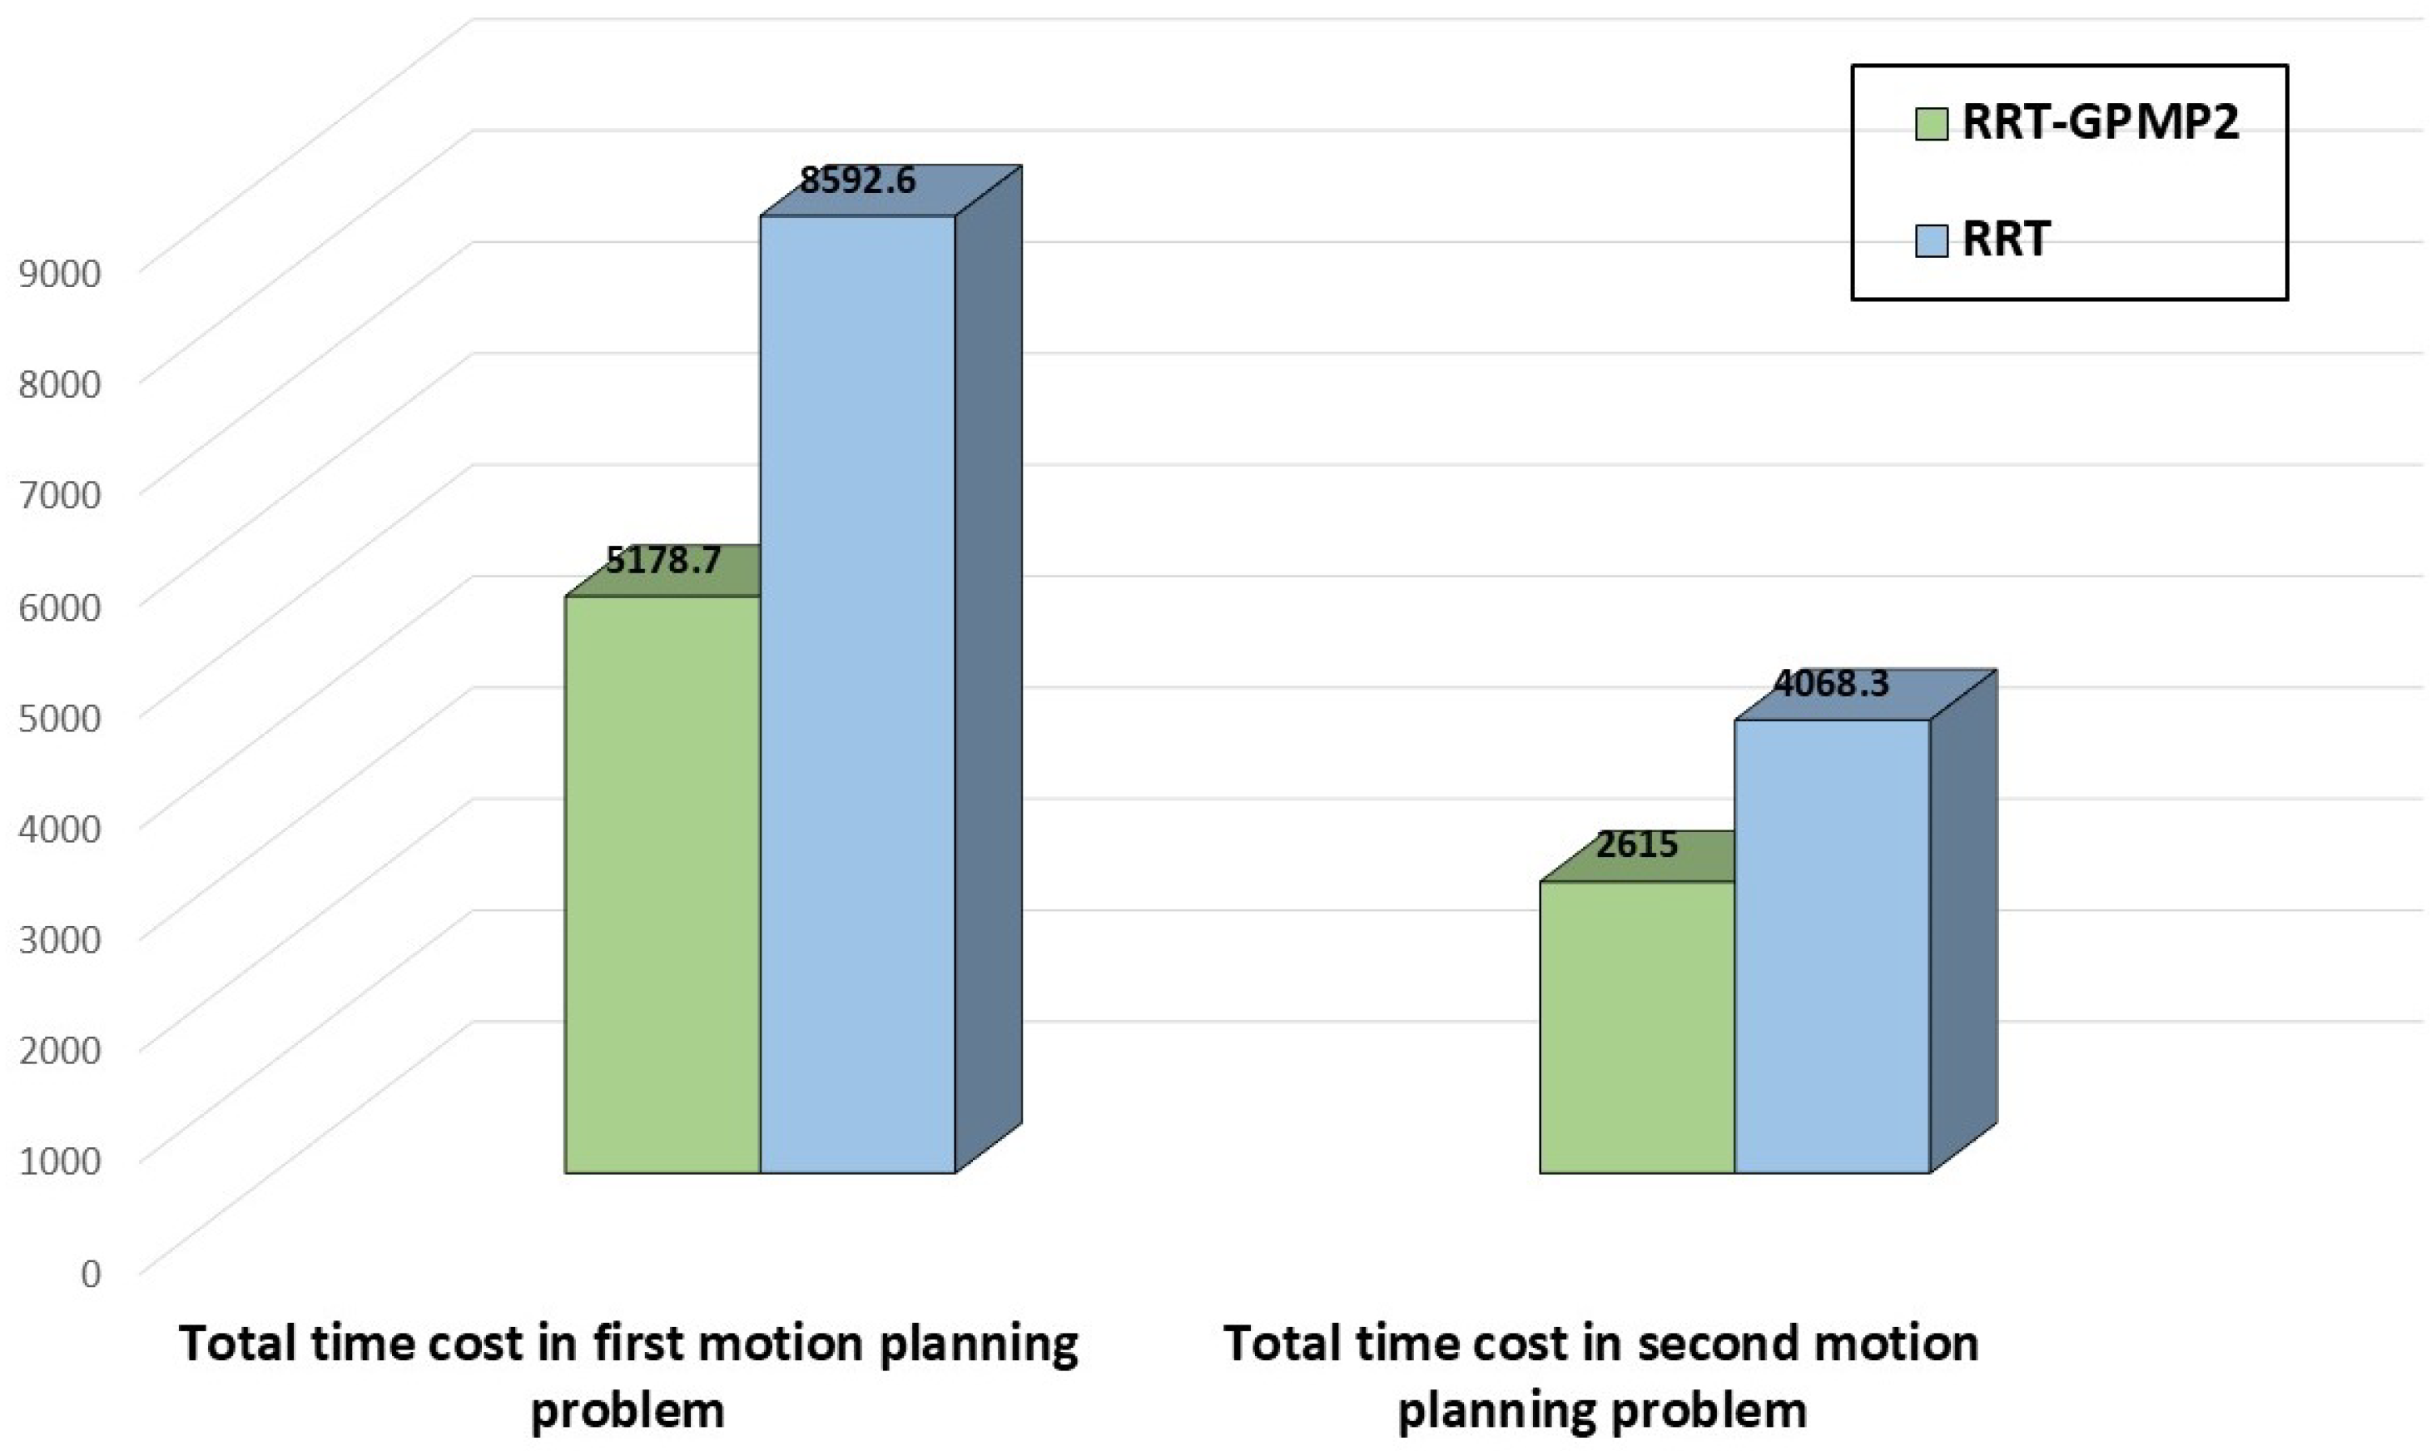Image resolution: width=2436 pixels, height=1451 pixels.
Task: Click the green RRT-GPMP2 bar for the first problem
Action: pos(663,885)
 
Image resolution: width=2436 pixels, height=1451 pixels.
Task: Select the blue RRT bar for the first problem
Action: pos(858,694)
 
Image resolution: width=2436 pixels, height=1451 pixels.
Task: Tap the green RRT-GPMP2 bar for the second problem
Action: pos(1637,1027)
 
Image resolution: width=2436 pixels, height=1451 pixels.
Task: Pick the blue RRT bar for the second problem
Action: pos(1832,947)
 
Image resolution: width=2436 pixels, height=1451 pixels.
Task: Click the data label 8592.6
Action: pos(858,180)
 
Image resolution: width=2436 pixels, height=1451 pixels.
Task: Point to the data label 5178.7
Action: pos(664,560)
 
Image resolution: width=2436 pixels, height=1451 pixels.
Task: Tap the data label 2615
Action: pos(1637,844)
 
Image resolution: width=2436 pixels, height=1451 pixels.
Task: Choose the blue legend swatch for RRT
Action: pos(1932,240)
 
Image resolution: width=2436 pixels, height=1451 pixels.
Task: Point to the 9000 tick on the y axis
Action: pos(60,273)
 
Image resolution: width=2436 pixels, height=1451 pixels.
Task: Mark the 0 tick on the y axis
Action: pos(90,1274)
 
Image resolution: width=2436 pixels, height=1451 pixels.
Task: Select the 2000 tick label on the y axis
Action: pos(60,1051)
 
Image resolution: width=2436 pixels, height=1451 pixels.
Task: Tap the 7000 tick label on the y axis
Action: pos(60,495)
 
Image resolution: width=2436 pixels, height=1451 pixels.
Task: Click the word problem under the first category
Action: pos(627,1411)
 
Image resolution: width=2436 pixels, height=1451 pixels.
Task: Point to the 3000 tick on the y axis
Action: pos(60,939)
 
